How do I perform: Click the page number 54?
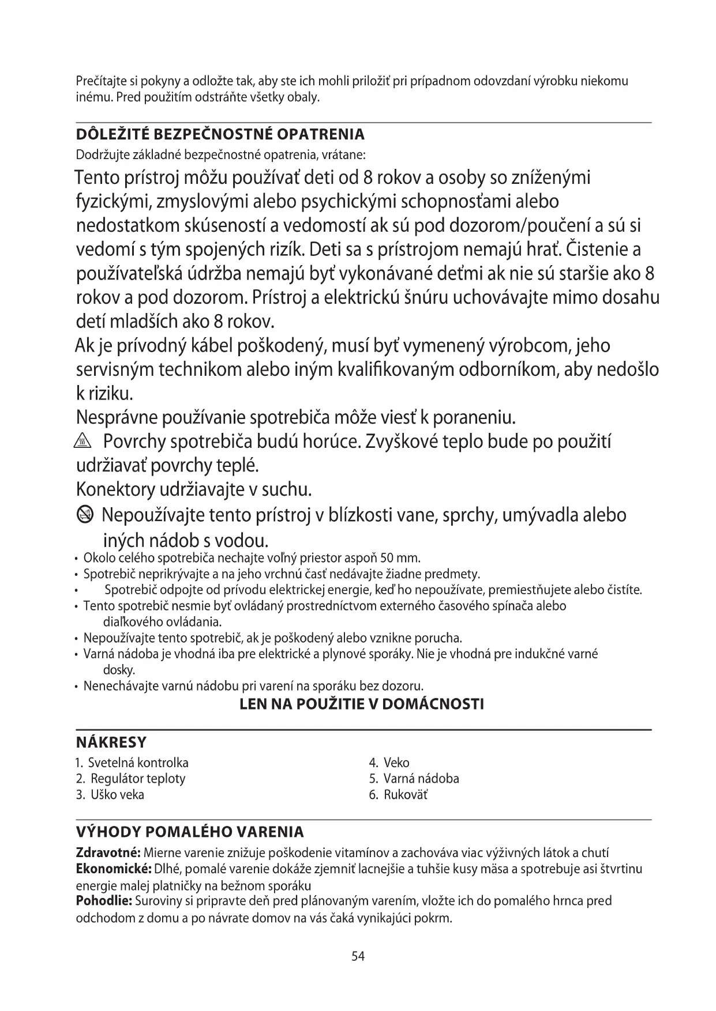pyautogui.click(x=358, y=956)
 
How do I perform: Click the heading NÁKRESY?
pyautogui.click(x=111, y=742)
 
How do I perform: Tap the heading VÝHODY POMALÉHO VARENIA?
pyautogui.click(x=190, y=832)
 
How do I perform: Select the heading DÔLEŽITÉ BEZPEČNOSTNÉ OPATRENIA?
pyautogui.click(x=220, y=134)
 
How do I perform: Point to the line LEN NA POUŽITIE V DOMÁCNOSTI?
pyautogui.click(x=362, y=704)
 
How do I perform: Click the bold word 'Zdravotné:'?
pyautogui.click(x=108, y=852)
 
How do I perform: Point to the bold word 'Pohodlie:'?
pyautogui.click(x=104, y=901)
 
